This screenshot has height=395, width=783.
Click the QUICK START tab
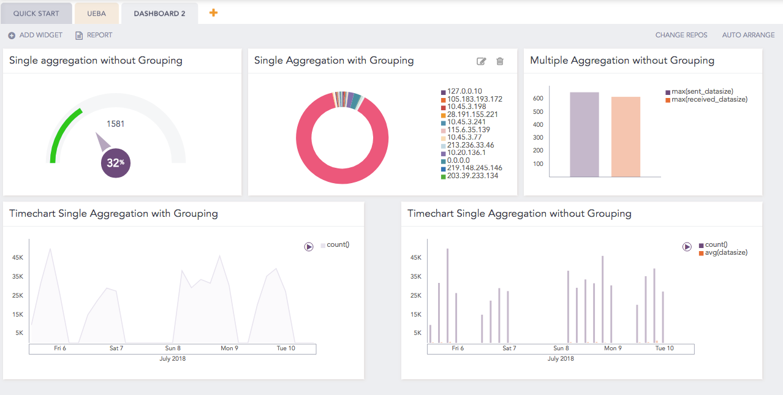[x=36, y=13]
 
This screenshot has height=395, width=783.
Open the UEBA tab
[x=96, y=13]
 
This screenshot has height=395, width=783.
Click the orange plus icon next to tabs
[x=213, y=12]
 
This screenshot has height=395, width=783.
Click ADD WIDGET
[x=36, y=35]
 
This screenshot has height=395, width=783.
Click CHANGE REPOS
[x=681, y=35]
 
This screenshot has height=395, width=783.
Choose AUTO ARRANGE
[x=748, y=35]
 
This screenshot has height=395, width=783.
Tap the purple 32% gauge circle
[x=115, y=163]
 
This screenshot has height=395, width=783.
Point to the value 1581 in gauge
[x=115, y=124]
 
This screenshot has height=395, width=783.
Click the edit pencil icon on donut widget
[x=482, y=61]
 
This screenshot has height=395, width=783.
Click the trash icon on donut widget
[x=500, y=61]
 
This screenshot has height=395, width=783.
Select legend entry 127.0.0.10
[x=464, y=91]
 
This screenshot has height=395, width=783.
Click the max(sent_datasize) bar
[x=584, y=135]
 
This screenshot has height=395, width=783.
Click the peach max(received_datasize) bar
[x=626, y=137]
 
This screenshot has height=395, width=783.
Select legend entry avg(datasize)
[x=726, y=252]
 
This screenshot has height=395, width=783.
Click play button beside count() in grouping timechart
[x=309, y=246]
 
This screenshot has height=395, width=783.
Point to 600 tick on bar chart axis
[x=538, y=98]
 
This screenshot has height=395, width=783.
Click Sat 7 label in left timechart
[x=116, y=348]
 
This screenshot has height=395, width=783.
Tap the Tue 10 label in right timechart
[x=664, y=348]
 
